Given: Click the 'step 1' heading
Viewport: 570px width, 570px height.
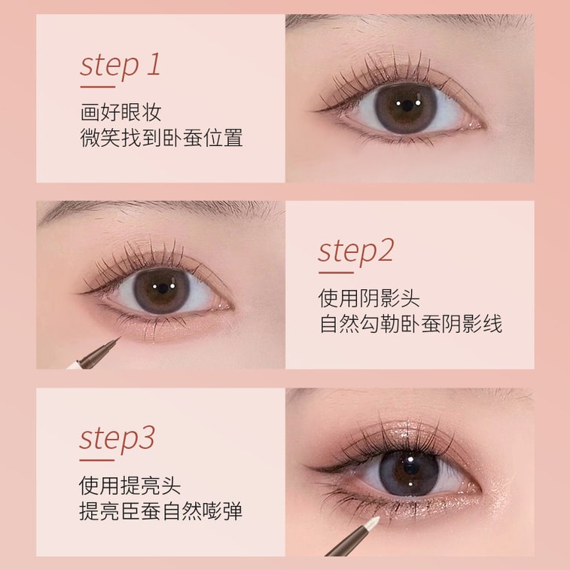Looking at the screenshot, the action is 120,66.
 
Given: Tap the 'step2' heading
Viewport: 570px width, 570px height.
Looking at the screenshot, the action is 356,251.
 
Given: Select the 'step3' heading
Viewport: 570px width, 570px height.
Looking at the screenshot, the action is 117,439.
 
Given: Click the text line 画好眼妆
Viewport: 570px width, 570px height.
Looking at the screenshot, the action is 120,111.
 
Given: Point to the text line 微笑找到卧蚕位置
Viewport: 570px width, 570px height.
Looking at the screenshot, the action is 161,138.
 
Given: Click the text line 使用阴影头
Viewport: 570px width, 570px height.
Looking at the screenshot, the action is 369,298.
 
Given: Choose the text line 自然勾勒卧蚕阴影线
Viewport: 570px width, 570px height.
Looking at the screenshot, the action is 411,325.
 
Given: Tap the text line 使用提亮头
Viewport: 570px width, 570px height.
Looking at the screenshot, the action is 130,486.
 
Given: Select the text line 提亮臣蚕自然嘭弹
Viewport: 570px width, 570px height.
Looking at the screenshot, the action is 160,511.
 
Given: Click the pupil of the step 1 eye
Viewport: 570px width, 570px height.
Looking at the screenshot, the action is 407,105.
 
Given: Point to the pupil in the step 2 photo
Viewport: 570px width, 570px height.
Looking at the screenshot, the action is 163,288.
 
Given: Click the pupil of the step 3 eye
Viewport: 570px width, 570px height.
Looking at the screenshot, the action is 411,469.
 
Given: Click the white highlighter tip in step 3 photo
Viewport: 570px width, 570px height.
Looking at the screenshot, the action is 371,521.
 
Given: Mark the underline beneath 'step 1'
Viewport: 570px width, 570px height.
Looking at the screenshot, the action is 97,87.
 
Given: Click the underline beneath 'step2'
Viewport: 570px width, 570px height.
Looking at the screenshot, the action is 336,273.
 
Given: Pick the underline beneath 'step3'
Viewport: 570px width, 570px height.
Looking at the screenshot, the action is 96,460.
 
